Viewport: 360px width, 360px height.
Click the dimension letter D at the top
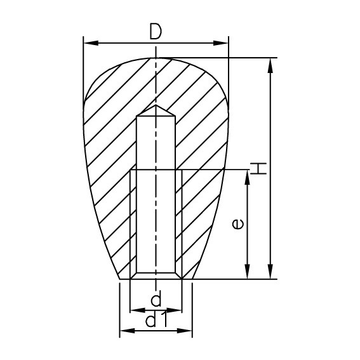coord(156,32)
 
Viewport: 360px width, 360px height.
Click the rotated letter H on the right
coord(258,168)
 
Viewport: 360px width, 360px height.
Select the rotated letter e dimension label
coord(236,223)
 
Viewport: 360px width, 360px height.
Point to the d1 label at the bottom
coord(156,321)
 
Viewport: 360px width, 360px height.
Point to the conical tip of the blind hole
coord(156,109)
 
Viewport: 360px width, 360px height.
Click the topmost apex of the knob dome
coord(156,58)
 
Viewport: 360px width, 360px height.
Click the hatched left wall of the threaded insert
coord(134,222)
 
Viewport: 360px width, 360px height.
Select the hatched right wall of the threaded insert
coord(178,222)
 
